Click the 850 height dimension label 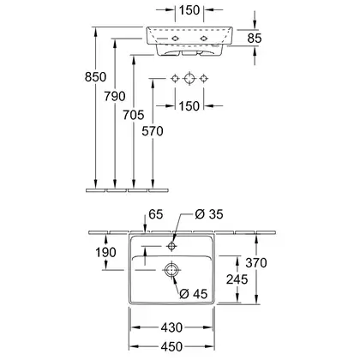point(95,77)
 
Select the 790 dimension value point(115,96)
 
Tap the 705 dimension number point(134,115)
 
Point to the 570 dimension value point(153,131)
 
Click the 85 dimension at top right point(255,39)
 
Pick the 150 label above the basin point(189,10)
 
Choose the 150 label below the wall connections point(189,106)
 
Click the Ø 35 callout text point(209,214)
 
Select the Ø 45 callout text point(194,293)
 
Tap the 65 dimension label point(156,214)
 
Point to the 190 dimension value point(105,252)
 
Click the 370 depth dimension point(256,262)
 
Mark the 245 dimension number point(237,279)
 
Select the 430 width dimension point(171,327)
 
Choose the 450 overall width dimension point(171,347)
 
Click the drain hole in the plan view point(171,270)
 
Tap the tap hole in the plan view point(171,246)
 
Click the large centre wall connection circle point(189,78)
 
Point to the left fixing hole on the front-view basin point(175,39)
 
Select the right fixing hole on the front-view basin point(203,39)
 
